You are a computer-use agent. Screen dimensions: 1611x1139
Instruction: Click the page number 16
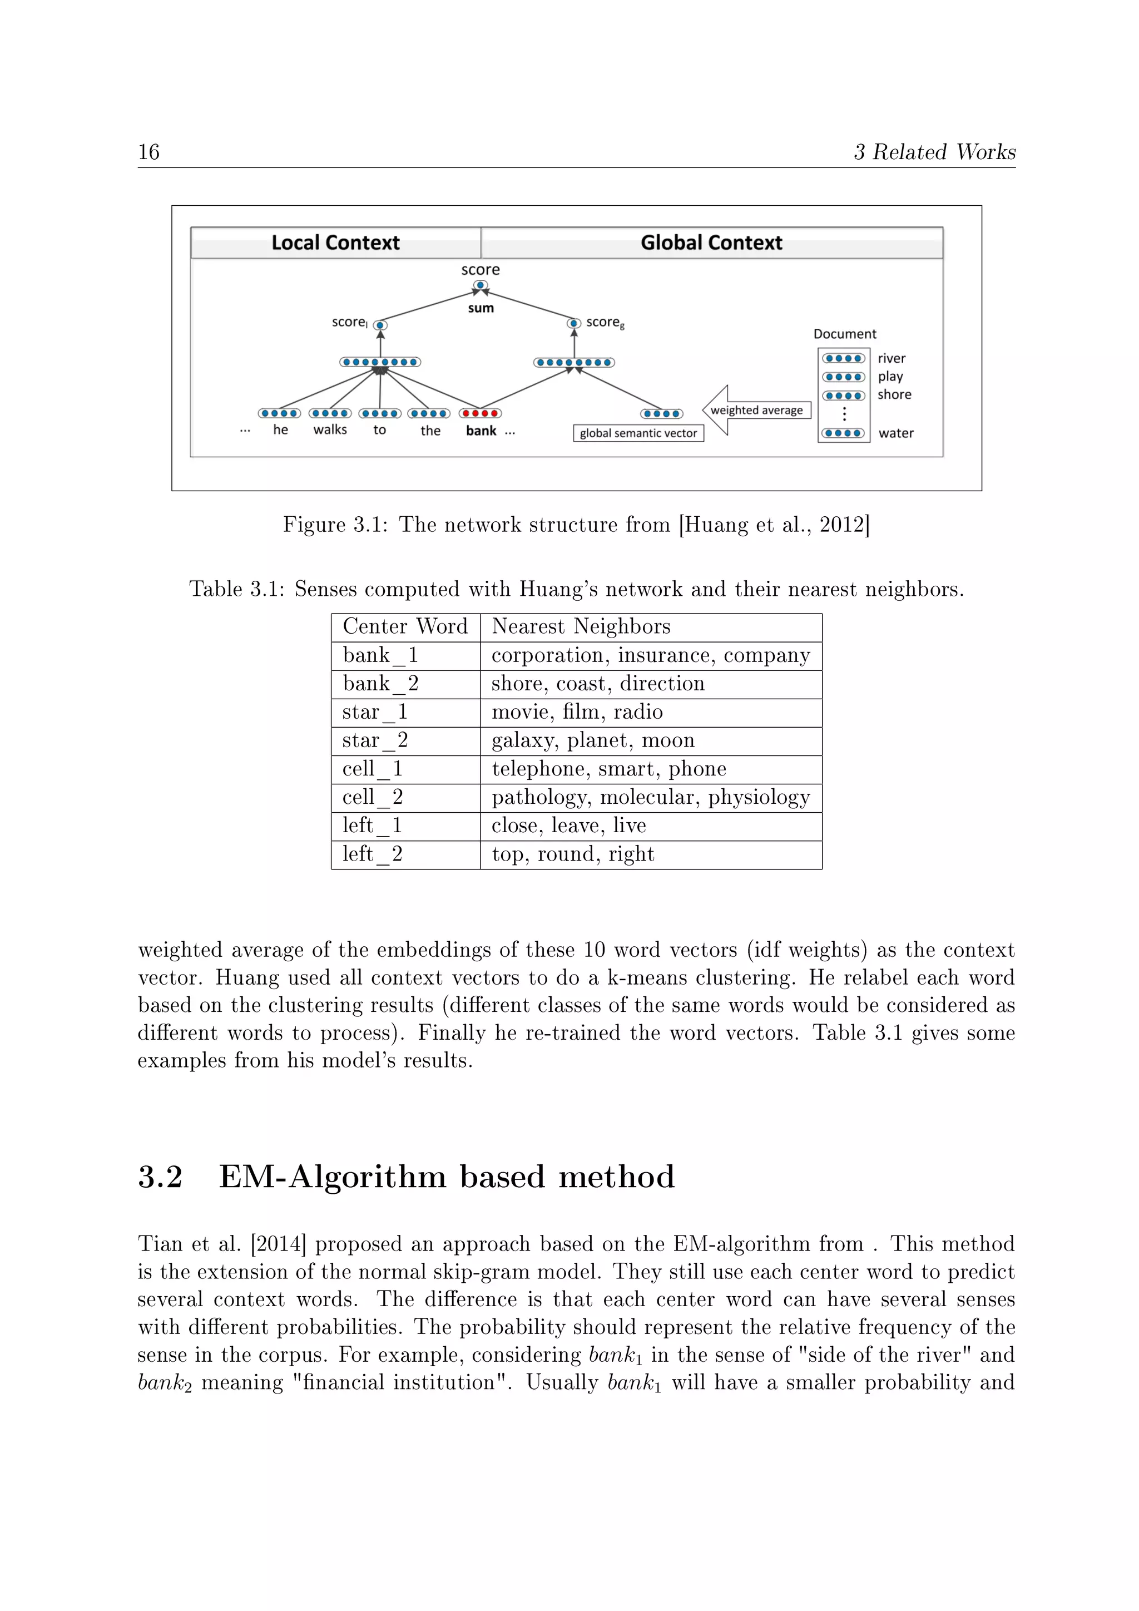click(148, 152)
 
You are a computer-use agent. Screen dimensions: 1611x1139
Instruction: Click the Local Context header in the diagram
click(335, 243)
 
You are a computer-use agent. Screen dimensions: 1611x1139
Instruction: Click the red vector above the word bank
click(481, 413)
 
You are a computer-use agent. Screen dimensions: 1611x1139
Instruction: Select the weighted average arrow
click(755, 411)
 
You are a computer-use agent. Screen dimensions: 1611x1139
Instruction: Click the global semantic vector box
click(638, 433)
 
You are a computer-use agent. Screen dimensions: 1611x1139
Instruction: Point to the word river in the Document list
click(892, 359)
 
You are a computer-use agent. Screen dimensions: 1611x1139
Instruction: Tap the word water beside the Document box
click(895, 433)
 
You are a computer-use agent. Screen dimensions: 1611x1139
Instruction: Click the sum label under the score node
click(481, 308)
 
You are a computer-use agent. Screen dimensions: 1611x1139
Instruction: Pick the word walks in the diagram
click(330, 429)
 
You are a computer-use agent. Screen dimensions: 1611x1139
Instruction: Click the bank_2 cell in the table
click(380, 684)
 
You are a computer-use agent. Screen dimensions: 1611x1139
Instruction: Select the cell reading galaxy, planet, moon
click(593, 741)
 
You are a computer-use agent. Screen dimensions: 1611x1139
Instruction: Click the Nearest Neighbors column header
click(581, 626)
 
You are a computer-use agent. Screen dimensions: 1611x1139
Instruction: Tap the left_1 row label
click(372, 826)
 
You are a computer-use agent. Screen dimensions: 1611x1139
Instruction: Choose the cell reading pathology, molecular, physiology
click(650, 798)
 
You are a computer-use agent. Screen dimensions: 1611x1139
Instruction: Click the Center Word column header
click(405, 626)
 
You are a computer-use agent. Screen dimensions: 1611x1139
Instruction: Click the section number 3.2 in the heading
click(160, 1178)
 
